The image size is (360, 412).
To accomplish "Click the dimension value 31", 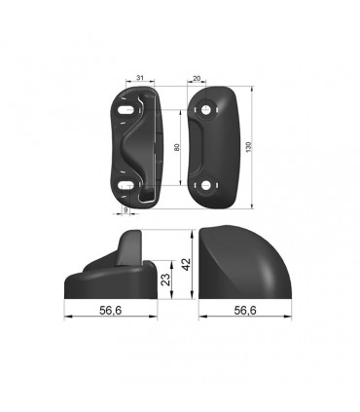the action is click(x=140, y=78).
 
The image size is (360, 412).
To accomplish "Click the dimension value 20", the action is click(x=197, y=78).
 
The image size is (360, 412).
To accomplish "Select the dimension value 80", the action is click(x=177, y=147).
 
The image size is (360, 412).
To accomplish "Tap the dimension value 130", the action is click(x=249, y=147).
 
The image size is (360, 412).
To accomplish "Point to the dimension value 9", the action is click(x=126, y=209).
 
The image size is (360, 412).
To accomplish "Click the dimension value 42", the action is click(x=186, y=264).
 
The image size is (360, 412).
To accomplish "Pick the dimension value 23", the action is click(x=165, y=280).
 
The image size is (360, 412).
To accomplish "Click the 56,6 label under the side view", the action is click(x=111, y=311).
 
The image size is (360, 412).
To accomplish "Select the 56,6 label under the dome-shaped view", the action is click(x=245, y=311).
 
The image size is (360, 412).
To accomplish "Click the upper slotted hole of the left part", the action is click(x=126, y=110).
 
